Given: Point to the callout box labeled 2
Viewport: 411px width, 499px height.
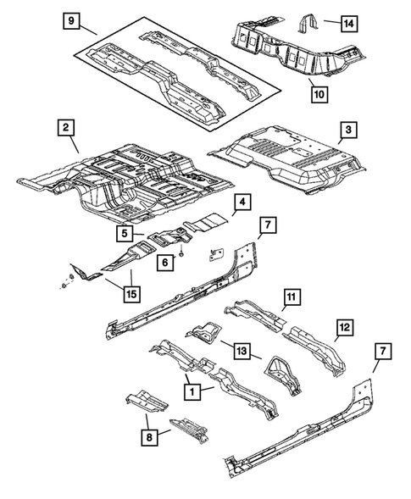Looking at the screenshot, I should tap(65, 130).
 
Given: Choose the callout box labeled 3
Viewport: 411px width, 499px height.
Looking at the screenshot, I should tap(347, 130).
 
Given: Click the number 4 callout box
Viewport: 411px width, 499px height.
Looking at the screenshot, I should tap(242, 202).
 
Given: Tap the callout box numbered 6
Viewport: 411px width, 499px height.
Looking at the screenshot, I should tap(167, 263).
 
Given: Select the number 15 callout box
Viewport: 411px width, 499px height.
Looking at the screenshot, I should tap(131, 294).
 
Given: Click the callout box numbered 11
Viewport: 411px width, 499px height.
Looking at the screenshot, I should tap(291, 296).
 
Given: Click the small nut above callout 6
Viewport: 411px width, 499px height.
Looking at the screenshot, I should tap(183, 252).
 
